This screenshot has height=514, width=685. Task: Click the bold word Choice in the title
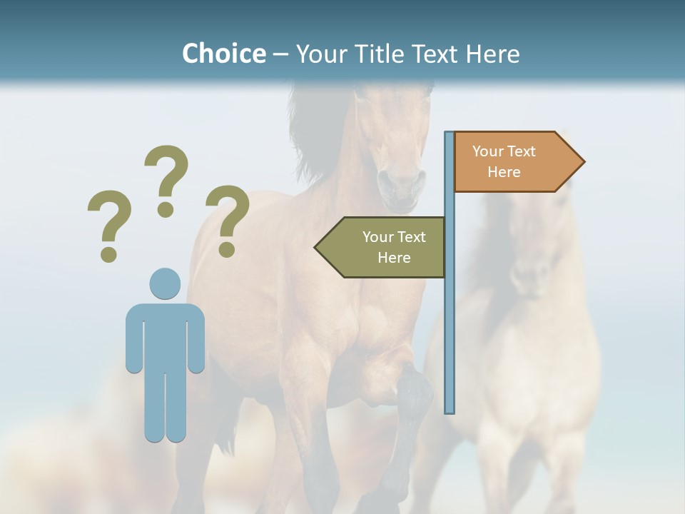[223, 54]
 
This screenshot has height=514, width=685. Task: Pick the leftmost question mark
[109, 218]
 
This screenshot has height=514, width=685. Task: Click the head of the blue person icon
[165, 283]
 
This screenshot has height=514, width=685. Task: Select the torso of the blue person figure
[165, 336]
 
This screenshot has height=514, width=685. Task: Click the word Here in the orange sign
[504, 172]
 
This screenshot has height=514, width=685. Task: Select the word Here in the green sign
[394, 258]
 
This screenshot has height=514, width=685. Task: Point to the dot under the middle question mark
[166, 209]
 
